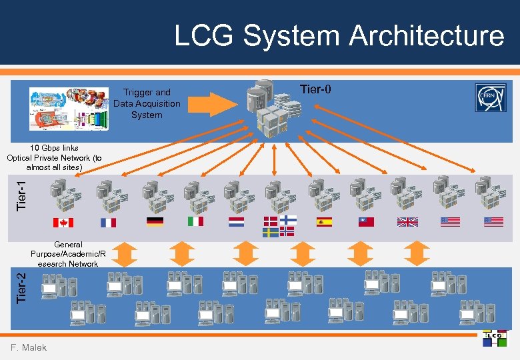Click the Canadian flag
(x=63, y=223)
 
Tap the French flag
(x=108, y=223)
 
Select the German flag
(x=155, y=222)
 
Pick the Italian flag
(x=195, y=221)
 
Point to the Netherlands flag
(x=237, y=221)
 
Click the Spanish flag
(x=325, y=222)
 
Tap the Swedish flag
(x=271, y=232)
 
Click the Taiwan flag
(x=366, y=222)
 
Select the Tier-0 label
(x=315, y=89)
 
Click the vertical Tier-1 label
(x=21, y=193)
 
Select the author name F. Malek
(x=29, y=347)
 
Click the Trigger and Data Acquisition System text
(x=147, y=103)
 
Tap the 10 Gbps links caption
(x=54, y=157)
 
